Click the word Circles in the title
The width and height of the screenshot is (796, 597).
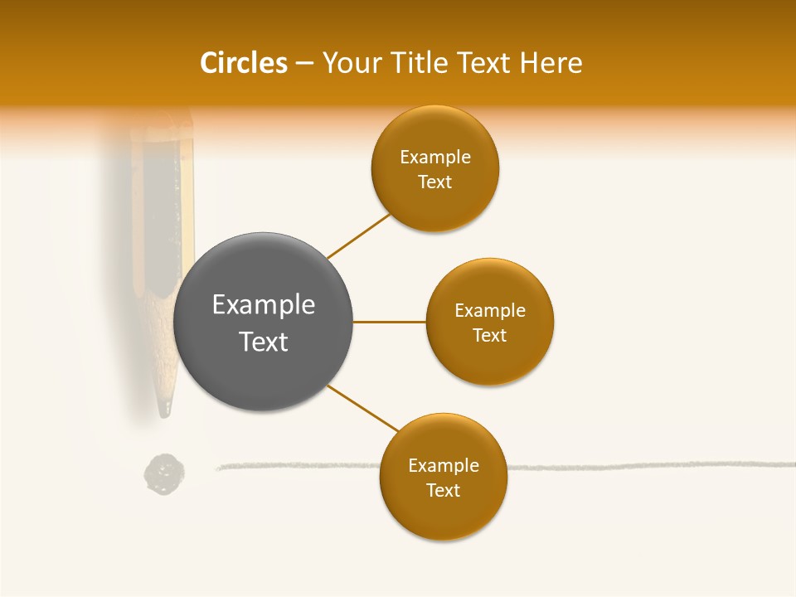tap(244, 63)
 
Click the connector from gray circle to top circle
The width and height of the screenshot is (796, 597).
tap(359, 235)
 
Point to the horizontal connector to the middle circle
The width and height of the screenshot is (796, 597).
tap(389, 322)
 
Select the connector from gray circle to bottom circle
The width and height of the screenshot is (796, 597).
tap(362, 408)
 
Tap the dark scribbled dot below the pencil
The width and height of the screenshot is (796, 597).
tap(164, 474)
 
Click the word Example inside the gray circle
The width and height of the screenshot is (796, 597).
tap(264, 305)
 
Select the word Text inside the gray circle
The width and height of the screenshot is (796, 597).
tap(264, 342)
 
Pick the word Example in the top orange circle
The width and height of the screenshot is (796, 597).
tap(435, 158)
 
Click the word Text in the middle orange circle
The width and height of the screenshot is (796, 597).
tap(490, 336)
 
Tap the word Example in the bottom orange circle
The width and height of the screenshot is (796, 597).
tap(444, 466)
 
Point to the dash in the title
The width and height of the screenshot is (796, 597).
tap(304, 63)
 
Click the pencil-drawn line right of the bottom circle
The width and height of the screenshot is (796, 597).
tap(647, 466)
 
